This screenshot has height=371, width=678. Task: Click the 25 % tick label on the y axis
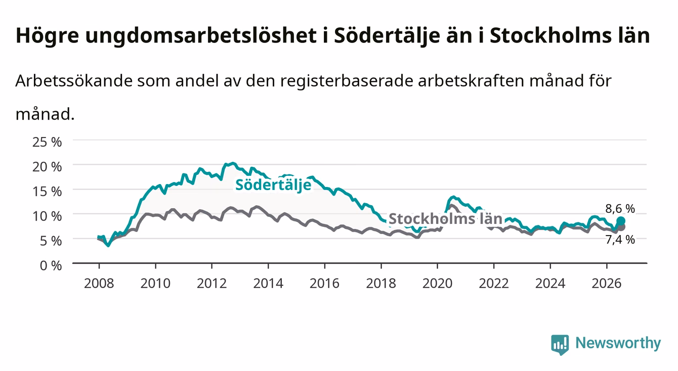[x=47, y=142]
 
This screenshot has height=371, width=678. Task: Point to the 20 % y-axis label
[x=47, y=167]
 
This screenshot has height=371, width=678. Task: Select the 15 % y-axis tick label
[x=47, y=192]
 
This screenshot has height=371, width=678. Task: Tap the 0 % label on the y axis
[x=51, y=265]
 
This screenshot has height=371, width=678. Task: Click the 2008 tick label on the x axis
[x=99, y=284]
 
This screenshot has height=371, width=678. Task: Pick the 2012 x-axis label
[x=212, y=284]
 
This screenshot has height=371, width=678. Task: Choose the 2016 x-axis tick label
[x=324, y=284]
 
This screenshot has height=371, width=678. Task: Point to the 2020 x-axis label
[x=437, y=284]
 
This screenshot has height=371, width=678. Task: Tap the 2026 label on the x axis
[x=607, y=284]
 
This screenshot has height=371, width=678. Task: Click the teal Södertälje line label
[x=273, y=185]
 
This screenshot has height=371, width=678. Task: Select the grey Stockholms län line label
[x=445, y=219]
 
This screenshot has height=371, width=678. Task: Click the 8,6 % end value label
[x=620, y=209]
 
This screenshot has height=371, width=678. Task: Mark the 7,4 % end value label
[x=620, y=240]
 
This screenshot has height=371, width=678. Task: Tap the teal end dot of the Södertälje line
[x=621, y=221]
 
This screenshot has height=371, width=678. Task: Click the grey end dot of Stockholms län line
[x=621, y=227]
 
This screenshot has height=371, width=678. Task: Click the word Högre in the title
[x=47, y=36]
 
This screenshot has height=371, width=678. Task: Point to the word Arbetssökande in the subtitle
[x=74, y=81]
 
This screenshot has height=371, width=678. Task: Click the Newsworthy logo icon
[x=560, y=345]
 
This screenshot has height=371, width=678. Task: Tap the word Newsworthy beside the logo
[x=618, y=343]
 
